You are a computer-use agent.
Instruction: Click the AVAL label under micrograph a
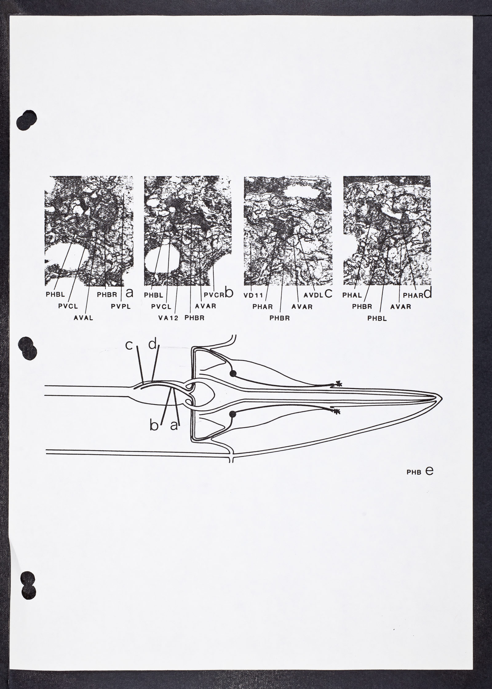pos(83,318)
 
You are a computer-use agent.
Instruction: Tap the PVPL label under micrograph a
pos(121,306)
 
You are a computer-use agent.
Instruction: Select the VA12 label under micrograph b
pos(169,318)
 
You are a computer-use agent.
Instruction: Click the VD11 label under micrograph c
pos(253,295)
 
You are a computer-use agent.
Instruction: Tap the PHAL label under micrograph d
pos(352,295)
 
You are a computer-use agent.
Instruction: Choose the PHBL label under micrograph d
pos(377,319)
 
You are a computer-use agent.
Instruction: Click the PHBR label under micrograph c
pos(280,318)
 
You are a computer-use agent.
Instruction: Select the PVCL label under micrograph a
pos(68,306)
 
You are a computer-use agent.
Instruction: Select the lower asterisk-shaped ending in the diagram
pos(338,412)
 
